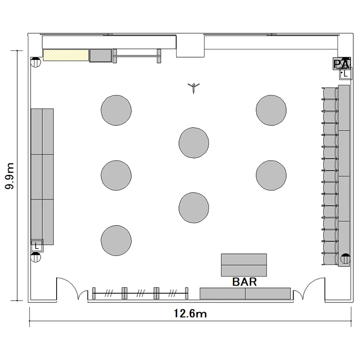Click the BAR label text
(x=244, y=282)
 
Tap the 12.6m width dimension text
(x=190, y=313)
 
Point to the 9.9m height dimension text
(x=10, y=176)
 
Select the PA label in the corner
(x=342, y=64)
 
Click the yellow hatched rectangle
(x=66, y=55)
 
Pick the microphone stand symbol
(x=193, y=88)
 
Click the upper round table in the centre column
(x=194, y=143)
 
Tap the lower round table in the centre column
(x=194, y=208)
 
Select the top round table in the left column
(x=116, y=110)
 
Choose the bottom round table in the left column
(x=116, y=240)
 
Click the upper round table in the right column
(x=271, y=110)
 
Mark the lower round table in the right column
(x=271, y=175)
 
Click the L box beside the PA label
(x=346, y=74)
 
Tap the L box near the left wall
(x=37, y=246)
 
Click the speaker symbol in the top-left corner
(x=36, y=62)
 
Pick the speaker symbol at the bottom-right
(x=346, y=259)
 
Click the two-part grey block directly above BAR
(x=244, y=265)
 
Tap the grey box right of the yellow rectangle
(x=101, y=56)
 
